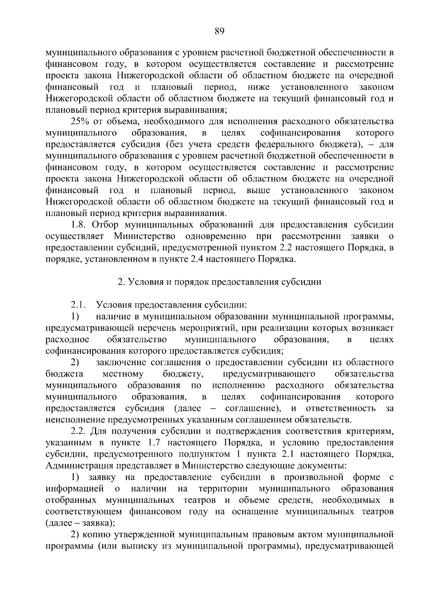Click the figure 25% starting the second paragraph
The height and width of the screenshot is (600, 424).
coord(81,122)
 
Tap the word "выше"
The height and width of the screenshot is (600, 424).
coord(258,191)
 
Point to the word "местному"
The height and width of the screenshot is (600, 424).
coord(123,374)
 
